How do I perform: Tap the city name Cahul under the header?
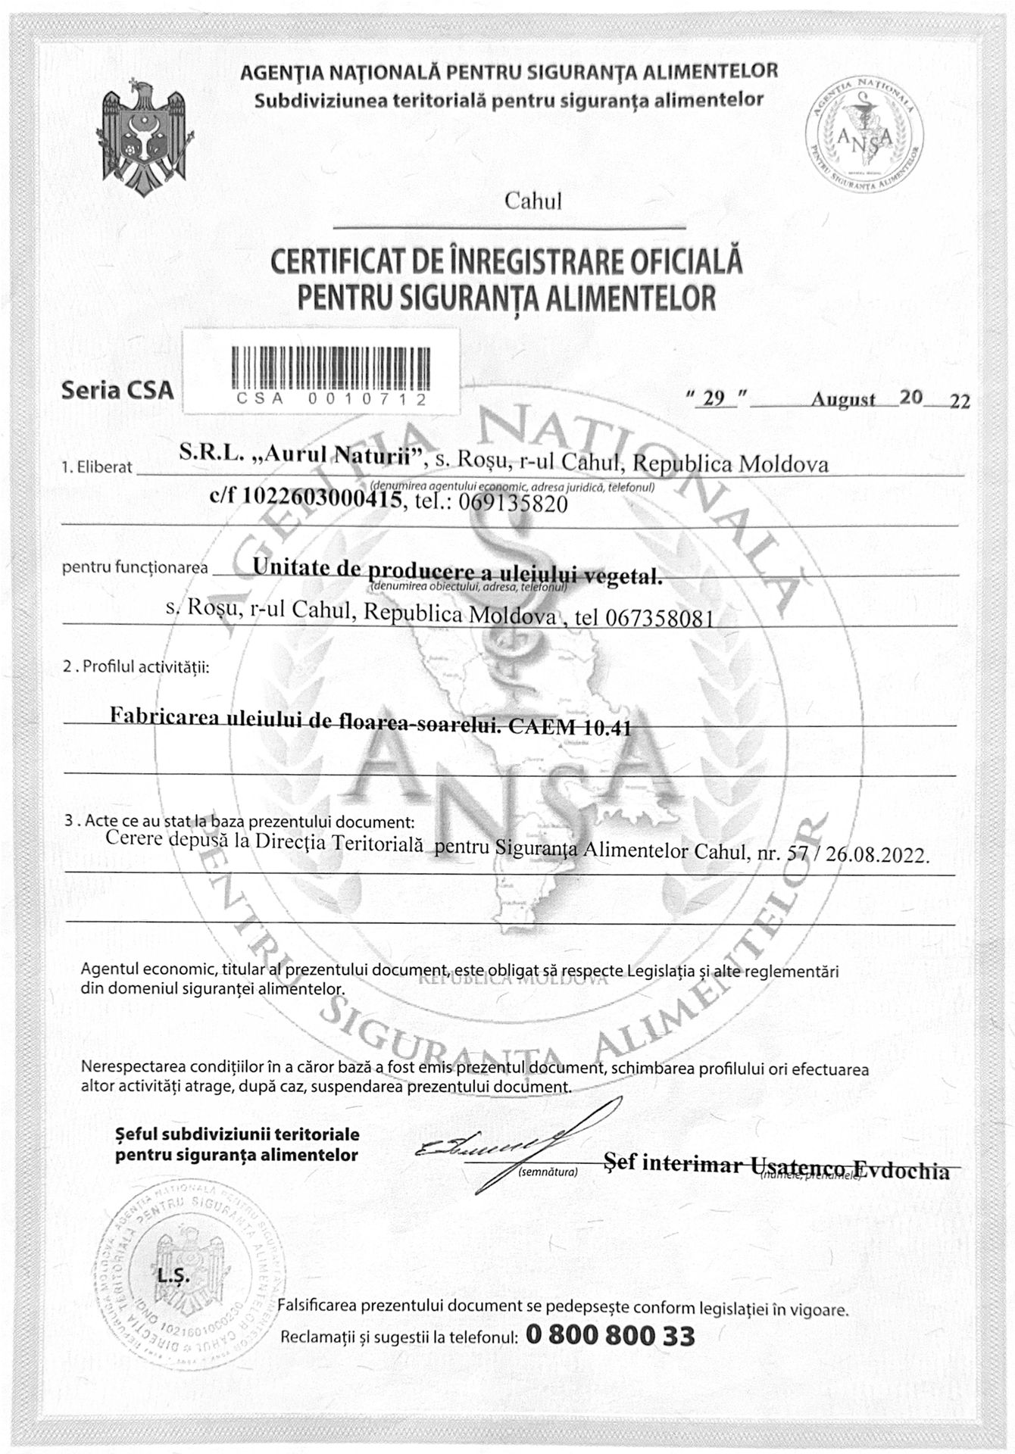(532, 201)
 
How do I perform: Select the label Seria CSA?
(117, 391)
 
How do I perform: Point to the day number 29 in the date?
(714, 399)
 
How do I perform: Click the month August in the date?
(843, 400)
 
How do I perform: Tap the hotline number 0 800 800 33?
(609, 1335)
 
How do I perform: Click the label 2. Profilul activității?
(136, 667)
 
